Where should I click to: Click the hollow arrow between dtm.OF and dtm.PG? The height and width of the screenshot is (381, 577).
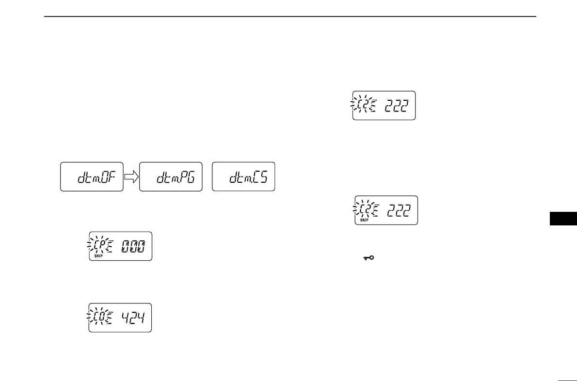131,177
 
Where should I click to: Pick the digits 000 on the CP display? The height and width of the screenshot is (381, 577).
133,246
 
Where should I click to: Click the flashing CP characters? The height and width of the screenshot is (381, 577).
100,246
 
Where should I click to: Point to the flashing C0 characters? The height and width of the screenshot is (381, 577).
100,317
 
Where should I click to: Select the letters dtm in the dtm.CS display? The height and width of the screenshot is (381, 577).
238,178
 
